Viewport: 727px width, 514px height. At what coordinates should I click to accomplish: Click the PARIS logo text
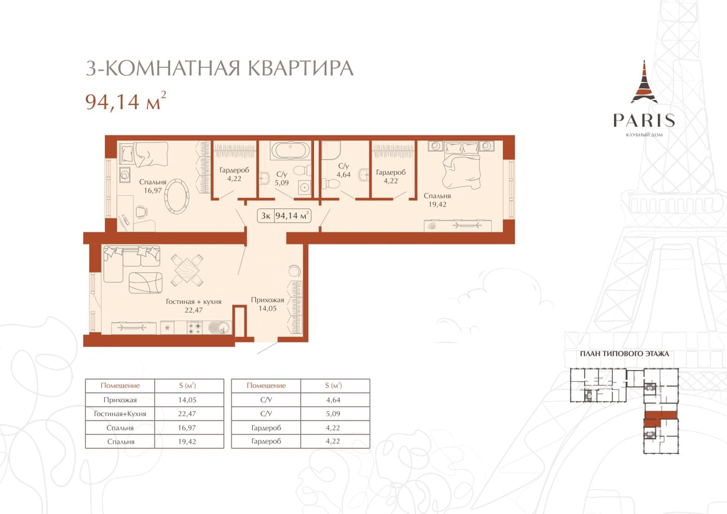(x=644, y=120)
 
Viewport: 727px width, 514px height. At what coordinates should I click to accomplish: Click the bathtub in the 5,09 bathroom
(x=290, y=150)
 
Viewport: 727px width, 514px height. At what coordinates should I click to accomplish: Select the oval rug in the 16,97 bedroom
(x=177, y=195)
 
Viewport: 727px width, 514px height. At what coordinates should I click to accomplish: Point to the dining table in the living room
(x=187, y=270)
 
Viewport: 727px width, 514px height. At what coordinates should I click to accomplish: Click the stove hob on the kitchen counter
(x=195, y=328)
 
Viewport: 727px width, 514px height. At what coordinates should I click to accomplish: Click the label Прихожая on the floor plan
(x=268, y=300)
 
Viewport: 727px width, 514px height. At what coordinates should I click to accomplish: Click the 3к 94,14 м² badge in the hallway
(x=284, y=216)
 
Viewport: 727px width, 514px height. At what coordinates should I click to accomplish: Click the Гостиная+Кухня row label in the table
(x=120, y=414)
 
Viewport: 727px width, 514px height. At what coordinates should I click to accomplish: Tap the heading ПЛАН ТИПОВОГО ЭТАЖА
(x=625, y=354)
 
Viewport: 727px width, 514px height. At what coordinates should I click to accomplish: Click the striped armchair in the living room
(x=145, y=282)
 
